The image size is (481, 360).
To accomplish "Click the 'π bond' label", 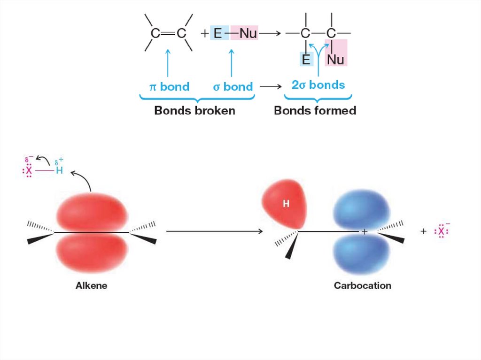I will pos(169,87).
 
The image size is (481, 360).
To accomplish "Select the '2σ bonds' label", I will pos(318,85).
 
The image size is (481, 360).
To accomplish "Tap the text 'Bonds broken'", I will pos(195,111).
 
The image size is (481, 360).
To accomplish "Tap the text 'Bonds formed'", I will pos(315,111).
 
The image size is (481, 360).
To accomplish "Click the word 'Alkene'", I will pos(92,285).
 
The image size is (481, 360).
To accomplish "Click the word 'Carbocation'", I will pos(363,285).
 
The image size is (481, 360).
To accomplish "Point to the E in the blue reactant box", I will pos(217,34).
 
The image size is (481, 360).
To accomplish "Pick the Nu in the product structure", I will pos(336,60).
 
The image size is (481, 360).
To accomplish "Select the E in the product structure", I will pos(306,60).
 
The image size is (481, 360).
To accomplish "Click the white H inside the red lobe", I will pos(286,203).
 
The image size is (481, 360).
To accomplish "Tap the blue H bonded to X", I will pos(59,170).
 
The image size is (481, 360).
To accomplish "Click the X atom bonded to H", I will pos(29,170).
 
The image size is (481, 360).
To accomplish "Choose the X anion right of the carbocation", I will pos(441,231).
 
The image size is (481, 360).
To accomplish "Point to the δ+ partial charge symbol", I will pos(59,162).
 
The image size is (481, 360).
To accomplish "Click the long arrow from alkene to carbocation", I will pos(214,231).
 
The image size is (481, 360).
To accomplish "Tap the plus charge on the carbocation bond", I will pos(364,231).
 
